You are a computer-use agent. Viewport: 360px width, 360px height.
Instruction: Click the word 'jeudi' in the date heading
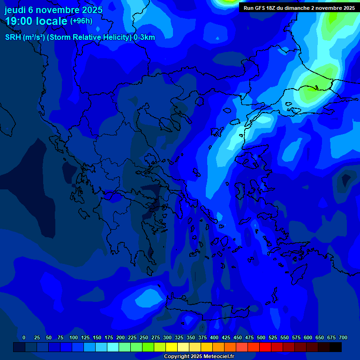coord(15,10)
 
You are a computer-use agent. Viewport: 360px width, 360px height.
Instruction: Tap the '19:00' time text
coord(19,22)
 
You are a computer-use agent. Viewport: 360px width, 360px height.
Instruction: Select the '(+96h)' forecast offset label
coord(81,21)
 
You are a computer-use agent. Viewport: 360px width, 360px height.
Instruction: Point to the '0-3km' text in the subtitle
coord(144,37)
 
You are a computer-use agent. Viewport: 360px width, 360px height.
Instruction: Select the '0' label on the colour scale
coord(24,338)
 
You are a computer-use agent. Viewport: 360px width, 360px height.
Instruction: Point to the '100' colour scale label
coord(74,338)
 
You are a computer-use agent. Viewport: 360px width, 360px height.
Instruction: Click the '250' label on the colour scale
coord(144,338)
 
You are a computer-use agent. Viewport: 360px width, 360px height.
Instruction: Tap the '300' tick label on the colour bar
coord(167,338)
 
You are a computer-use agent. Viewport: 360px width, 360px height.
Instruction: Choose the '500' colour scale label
coord(261,338)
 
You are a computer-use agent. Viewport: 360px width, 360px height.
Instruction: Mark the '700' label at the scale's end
coord(343,338)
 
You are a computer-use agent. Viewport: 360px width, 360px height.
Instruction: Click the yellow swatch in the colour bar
coord(172,347)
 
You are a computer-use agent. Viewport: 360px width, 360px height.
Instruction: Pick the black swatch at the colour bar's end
coord(336,347)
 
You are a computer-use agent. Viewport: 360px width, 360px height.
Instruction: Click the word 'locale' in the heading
coord(52,22)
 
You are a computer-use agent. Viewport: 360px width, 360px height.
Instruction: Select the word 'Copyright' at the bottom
coord(176,357)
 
